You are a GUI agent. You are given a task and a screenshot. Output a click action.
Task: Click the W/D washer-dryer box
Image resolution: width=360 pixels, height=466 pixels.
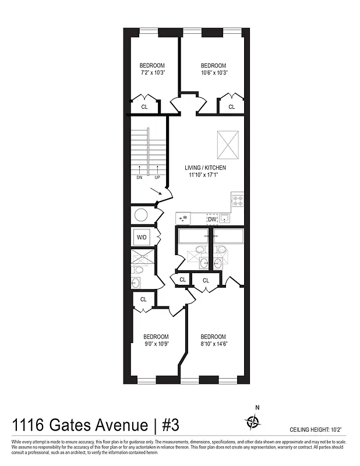pyautogui.click(x=142, y=238)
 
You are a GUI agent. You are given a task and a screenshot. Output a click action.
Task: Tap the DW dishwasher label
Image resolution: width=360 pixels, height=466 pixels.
pyautogui.click(x=212, y=219)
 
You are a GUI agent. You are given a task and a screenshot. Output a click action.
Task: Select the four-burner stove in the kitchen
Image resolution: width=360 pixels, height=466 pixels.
pyautogui.click(x=237, y=200)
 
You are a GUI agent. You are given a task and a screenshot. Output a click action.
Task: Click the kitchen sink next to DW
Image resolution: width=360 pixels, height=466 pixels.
pyautogui.click(x=225, y=218)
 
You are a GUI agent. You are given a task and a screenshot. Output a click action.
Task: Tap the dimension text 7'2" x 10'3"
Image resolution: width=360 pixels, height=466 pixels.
pyautogui.click(x=153, y=73)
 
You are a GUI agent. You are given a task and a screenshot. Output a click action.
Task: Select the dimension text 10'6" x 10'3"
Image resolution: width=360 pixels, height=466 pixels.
pyautogui.click(x=213, y=73)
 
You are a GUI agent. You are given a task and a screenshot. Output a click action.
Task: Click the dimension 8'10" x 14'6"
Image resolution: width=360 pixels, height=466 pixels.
pyautogui.click(x=213, y=344)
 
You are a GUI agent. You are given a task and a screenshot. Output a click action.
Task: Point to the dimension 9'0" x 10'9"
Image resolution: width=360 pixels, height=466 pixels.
pyautogui.click(x=156, y=344)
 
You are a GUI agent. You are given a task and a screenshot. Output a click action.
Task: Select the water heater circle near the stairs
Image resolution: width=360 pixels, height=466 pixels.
pyautogui.click(x=142, y=216)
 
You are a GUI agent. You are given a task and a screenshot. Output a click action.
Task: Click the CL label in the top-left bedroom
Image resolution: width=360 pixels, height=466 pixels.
pyautogui.click(x=144, y=107)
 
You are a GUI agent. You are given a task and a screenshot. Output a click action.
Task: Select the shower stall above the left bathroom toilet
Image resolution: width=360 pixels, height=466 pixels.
pyautogui.click(x=143, y=257)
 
